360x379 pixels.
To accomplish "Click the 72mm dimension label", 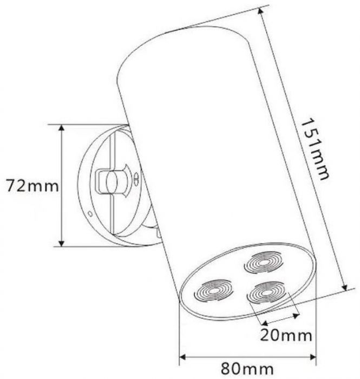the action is point(32,186).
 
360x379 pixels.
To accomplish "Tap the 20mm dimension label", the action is point(286,335).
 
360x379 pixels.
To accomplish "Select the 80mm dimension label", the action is point(247,369).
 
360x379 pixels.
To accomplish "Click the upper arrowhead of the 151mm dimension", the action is point(260,11).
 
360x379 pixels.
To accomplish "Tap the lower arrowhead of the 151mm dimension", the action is point(344,287).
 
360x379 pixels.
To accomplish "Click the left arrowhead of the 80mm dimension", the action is point(182,357).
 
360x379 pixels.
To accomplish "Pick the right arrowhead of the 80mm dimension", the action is point(313,357).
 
